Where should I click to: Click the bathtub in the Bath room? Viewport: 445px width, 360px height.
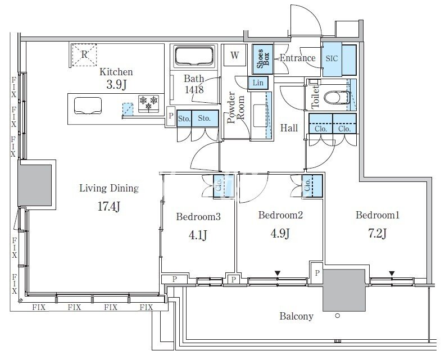coord(194,56)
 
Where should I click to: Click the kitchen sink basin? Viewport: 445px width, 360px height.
coord(88,106)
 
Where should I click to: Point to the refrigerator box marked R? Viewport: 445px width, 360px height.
coord(84,54)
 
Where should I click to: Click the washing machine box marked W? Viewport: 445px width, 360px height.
coord(234,55)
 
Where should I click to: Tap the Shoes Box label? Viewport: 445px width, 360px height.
coord(262,59)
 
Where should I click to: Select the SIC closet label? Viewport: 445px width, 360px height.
coord(332,59)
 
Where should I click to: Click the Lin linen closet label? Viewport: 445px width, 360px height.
coord(258,83)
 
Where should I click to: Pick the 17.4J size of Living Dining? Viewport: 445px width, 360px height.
coord(108,206)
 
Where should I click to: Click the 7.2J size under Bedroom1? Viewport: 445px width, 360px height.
coord(377,234)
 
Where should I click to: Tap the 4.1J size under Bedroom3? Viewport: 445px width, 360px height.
coord(198,235)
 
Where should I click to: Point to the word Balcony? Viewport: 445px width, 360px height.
coord(296,316)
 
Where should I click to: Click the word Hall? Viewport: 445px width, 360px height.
coord(289,128)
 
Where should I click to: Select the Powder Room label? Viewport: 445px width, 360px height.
coord(236,107)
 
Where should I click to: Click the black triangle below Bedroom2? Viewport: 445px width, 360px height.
coord(278,273)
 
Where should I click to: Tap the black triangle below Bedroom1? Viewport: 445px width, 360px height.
coord(392,274)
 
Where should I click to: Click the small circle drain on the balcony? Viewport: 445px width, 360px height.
coord(338,315)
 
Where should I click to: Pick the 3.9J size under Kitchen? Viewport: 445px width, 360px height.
coord(116,85)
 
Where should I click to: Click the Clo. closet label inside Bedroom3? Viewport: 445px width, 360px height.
coord(219,186)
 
